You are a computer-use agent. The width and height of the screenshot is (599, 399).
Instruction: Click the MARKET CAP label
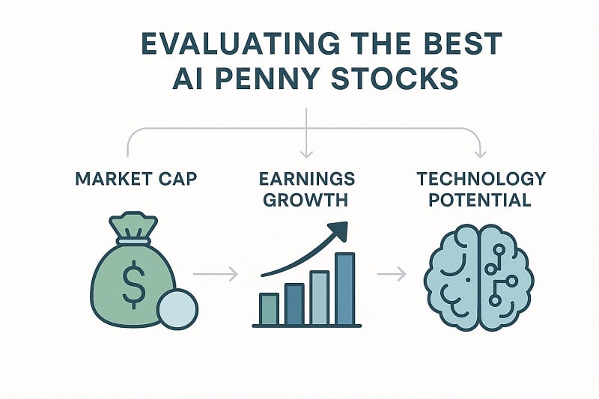(x=136, y=180)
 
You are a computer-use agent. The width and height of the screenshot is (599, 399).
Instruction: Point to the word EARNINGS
(x=305, y=180)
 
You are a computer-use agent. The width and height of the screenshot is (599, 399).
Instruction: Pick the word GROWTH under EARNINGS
(x=305, y=201)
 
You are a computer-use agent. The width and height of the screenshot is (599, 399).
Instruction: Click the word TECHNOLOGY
(x=480, y=180)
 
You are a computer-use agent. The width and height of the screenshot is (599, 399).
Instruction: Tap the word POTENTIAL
(x=480, y=201)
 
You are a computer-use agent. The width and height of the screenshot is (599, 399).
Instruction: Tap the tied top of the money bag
(x=133, y=225)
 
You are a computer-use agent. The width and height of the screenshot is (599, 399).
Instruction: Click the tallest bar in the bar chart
(x=345, y=289)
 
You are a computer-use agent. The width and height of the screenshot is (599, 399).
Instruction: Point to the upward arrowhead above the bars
(x=340, y=231)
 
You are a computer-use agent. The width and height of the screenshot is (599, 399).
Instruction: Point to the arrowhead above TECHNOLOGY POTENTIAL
(x=481, y=153)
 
